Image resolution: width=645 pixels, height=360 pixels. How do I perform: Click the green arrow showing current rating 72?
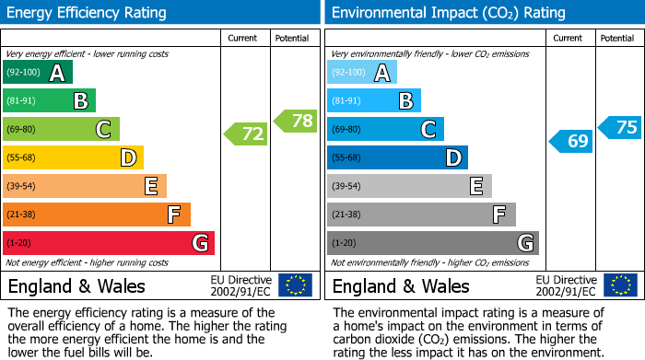point(246,134)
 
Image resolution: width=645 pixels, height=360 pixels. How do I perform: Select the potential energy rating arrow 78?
point(296,121)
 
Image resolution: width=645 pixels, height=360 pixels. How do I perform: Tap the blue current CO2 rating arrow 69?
point(571,141)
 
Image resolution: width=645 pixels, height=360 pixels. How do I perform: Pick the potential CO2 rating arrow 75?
point(620,127)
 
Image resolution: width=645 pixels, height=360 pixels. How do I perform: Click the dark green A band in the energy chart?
point(38,73)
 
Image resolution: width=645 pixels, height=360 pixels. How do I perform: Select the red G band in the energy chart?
point(109,243)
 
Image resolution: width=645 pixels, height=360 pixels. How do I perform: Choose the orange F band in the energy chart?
point(97,215)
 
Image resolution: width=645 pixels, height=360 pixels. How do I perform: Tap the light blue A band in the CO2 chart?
point(362,73)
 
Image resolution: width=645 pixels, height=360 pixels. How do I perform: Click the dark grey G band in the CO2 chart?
point(433,243)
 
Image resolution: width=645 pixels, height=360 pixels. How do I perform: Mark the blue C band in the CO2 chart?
point(385,130)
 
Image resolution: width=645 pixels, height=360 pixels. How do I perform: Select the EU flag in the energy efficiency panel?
point(295,285)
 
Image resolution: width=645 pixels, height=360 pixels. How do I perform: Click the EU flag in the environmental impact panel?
point(620,285)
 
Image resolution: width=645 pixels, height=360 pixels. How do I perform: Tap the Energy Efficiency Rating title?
point(88,13)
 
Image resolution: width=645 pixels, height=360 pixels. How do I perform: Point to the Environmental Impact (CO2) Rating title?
point(448,13)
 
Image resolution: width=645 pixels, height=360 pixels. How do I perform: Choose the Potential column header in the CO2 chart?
point(616,38)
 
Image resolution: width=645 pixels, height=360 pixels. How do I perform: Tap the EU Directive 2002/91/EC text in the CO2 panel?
point(566,285)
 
